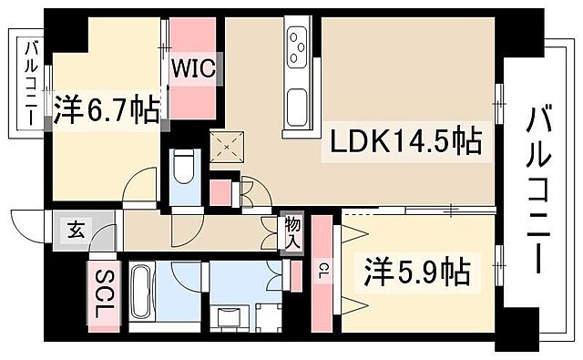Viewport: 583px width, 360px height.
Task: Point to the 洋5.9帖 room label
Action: point(418,271)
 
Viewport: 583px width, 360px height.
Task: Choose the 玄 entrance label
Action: point(72,230)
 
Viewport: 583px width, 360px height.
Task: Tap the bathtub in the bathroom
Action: point(143,294)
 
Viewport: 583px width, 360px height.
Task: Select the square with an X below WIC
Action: point(223,146)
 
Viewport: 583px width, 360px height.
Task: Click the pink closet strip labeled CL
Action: point(322,292)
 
